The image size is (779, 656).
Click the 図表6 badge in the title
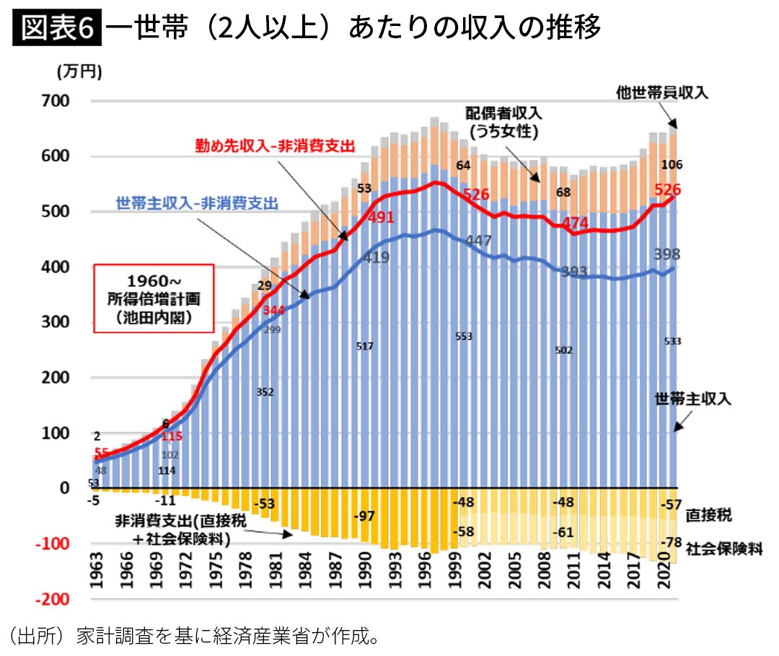point(57,28)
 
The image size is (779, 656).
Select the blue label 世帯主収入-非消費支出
point(197,204)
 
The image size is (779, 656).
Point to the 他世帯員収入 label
point(663,92)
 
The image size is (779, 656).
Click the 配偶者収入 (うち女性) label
point(503,123)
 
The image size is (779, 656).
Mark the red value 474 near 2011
point(575,223)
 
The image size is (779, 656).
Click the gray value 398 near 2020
point(666,254)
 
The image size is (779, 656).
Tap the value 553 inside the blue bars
point(463,337)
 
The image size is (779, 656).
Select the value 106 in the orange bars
point(672,165)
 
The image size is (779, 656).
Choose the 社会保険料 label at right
point(724,549)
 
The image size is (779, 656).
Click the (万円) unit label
point(79,71)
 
